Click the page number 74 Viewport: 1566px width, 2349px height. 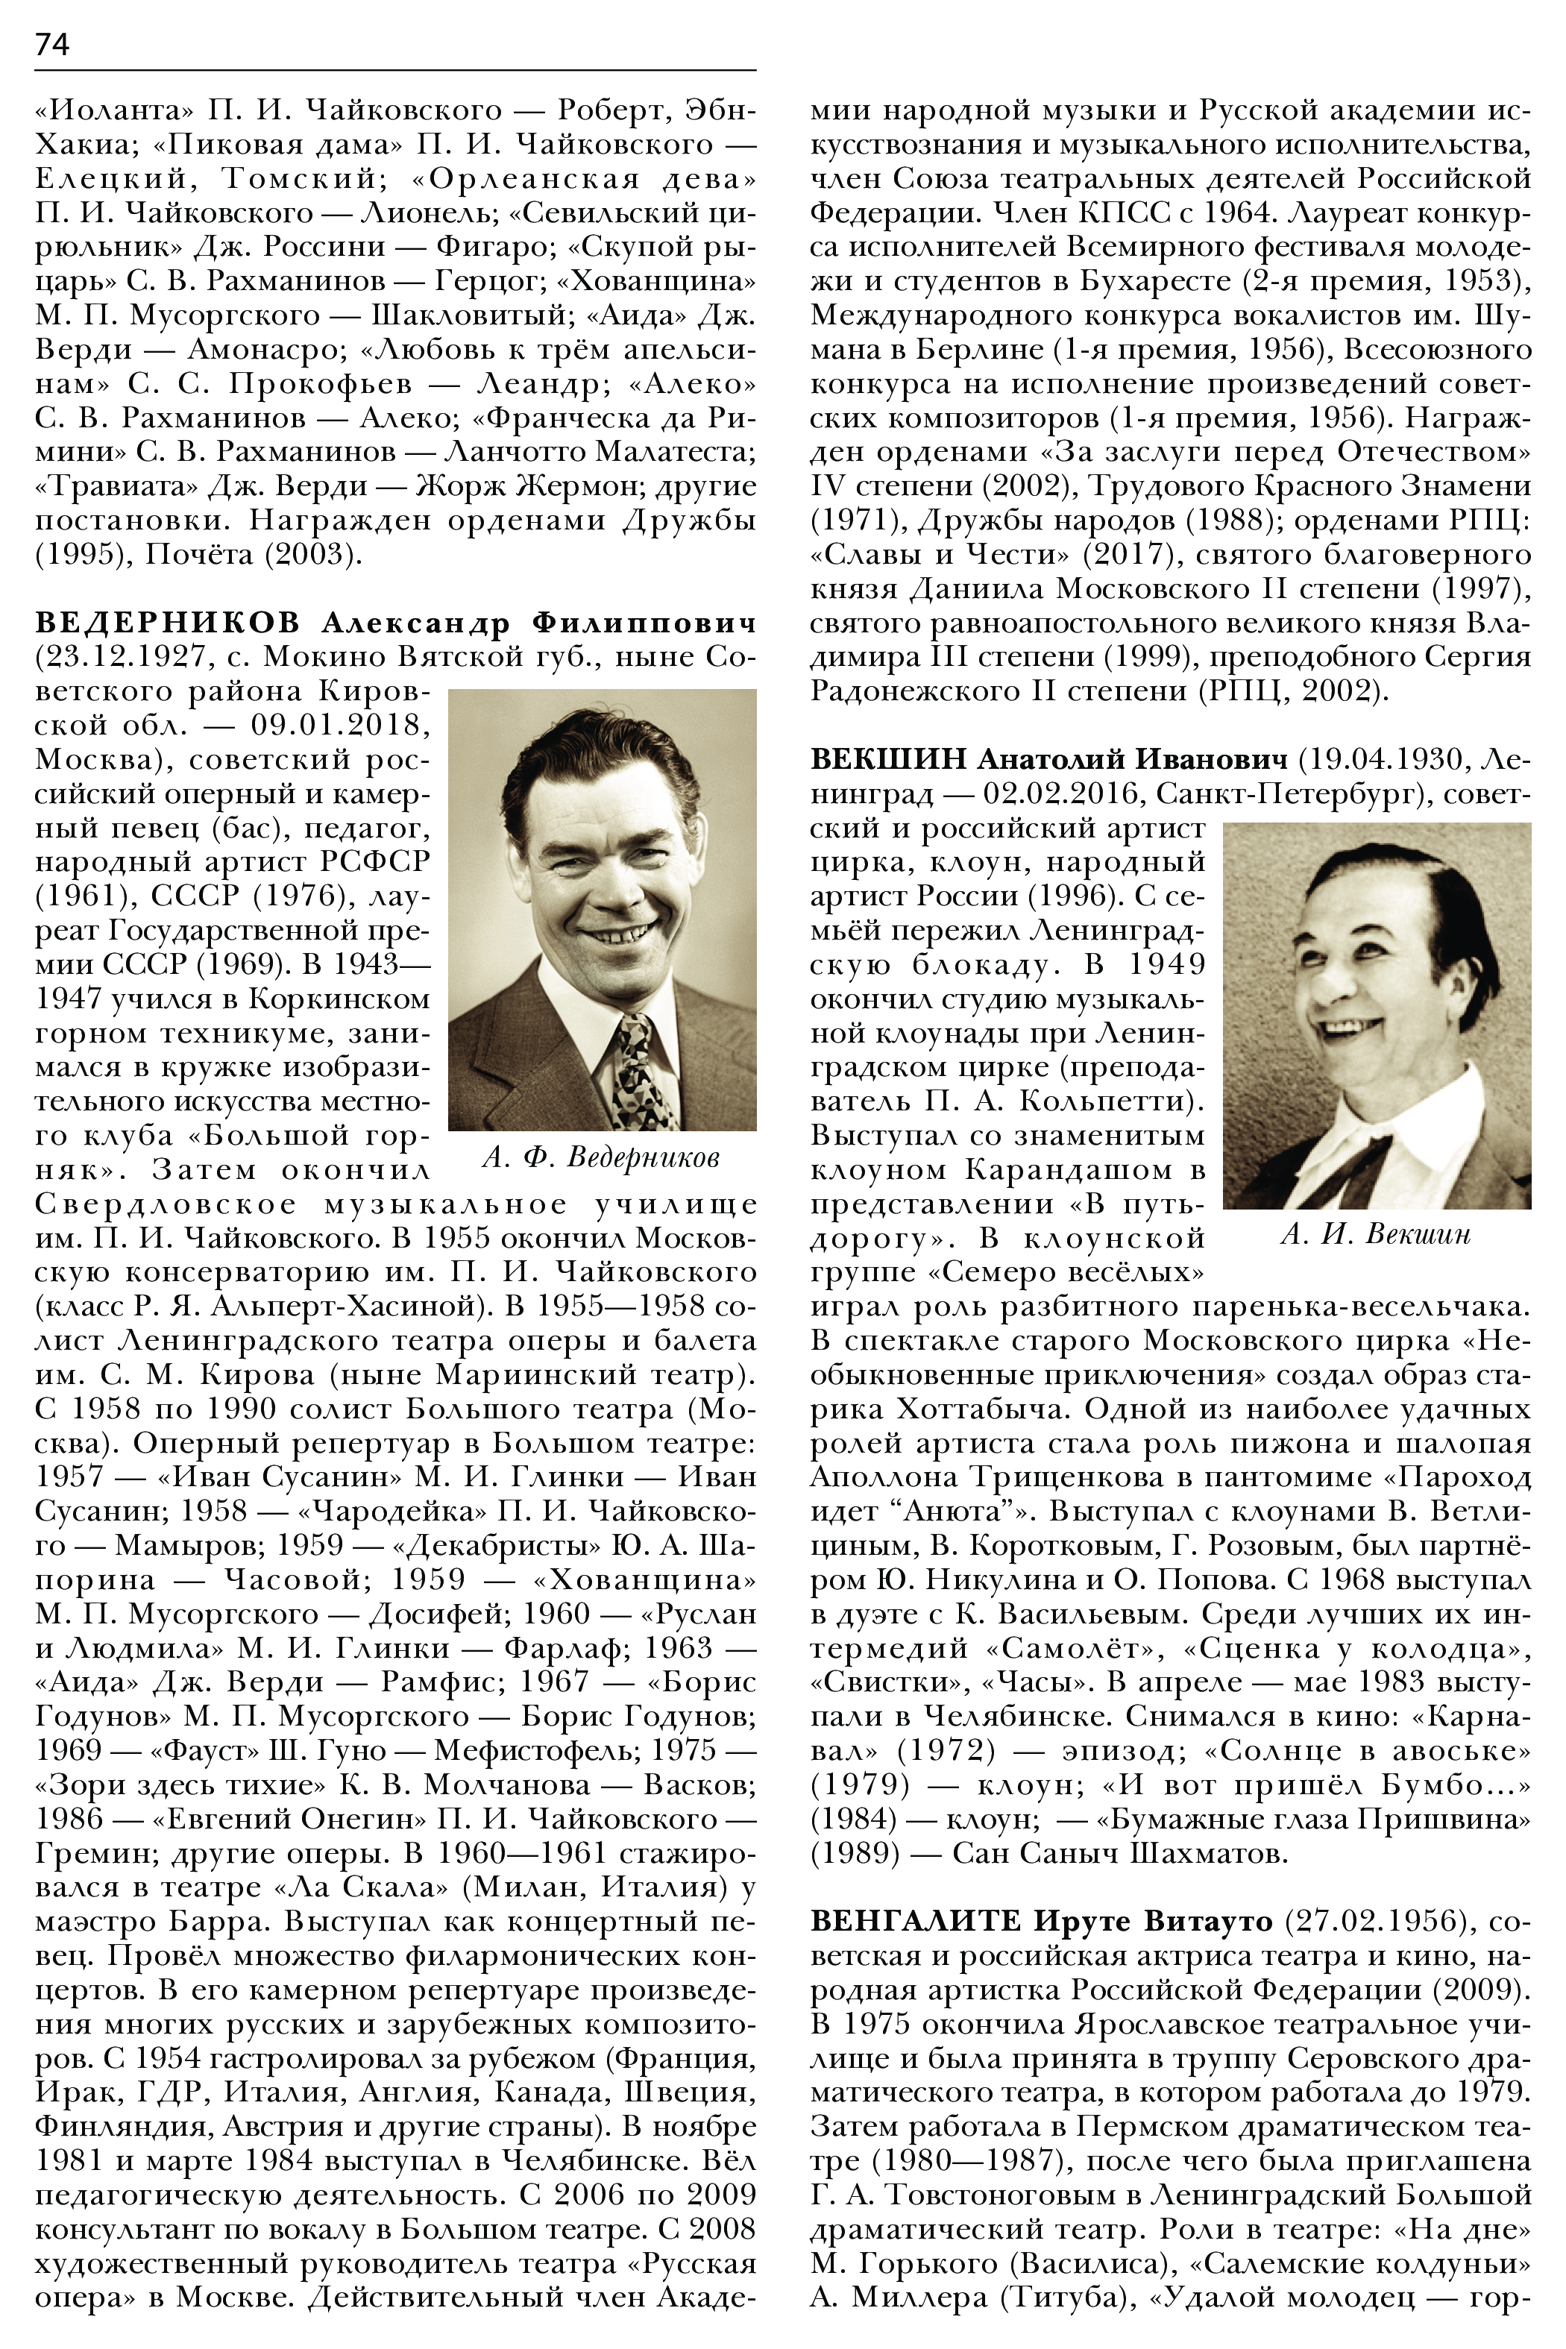(x=52, y=45)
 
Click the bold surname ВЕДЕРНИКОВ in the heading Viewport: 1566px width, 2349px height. (x=167, y=623)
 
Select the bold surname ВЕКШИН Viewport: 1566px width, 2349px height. (x=888, y=760)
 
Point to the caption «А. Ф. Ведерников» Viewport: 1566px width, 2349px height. (x=600, y=1157)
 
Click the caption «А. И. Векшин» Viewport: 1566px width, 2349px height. (x=1375, y=1234)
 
